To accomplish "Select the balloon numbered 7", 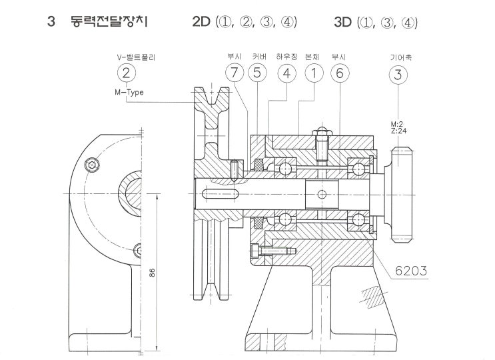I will (x=235, y=74).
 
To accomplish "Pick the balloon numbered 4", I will (x=286, y=74).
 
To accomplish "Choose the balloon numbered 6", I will (x=339, y=74).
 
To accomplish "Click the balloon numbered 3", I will (x=398, y=75).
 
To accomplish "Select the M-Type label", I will (x=129, y=93).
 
